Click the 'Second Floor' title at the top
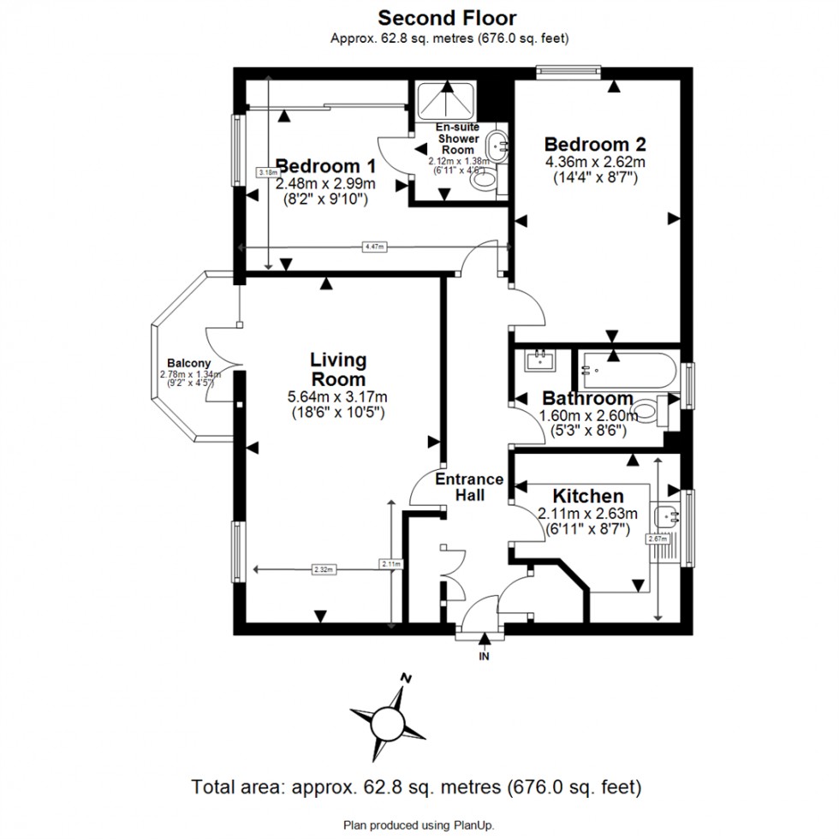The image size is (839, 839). [x=447, y=16]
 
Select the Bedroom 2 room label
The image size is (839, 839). [x=594, y=143]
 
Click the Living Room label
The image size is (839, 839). [x=337, y=369]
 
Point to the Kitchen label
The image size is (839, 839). [x=587, y=496]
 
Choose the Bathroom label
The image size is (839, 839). [x=587, y=398]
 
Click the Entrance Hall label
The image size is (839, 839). [x=469, y=487]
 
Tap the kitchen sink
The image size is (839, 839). [x=665, y=516]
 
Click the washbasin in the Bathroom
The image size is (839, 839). [x=539, y=360]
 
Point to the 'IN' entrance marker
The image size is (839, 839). [x=485, y=657]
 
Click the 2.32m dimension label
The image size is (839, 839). [x=323, y=568]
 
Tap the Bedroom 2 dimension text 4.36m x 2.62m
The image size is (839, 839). [x=594, y=161]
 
